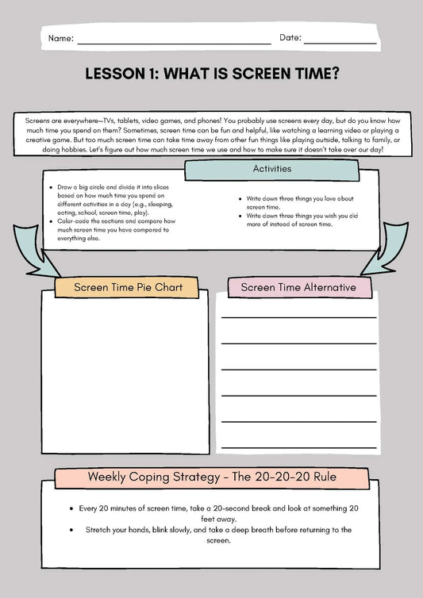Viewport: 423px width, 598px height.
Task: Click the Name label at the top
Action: coord(61,38)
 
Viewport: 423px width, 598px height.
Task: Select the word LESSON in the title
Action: coord(113,74)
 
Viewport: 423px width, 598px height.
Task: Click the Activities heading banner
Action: coord(272,169)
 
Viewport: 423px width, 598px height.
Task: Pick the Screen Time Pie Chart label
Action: coord(126,287)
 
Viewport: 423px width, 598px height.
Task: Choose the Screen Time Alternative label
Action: coord(298,287)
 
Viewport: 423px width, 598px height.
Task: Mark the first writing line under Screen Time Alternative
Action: coord(298,317)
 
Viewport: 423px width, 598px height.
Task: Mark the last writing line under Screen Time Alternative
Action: coord(298,446)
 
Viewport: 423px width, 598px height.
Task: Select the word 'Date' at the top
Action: coord(290,38)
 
